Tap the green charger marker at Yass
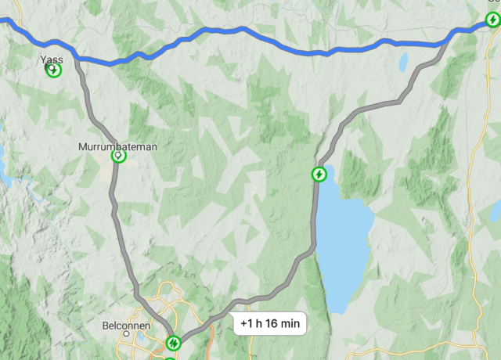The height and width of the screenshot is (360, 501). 52,70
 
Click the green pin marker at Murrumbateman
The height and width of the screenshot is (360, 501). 118,157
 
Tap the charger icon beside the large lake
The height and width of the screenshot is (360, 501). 319,174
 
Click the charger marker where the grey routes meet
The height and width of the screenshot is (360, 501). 174,343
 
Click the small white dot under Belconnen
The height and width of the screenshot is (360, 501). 124,335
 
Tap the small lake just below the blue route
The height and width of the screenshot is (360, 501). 403,61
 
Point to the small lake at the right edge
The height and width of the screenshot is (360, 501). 496,210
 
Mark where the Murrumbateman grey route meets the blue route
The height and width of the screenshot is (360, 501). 76,55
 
